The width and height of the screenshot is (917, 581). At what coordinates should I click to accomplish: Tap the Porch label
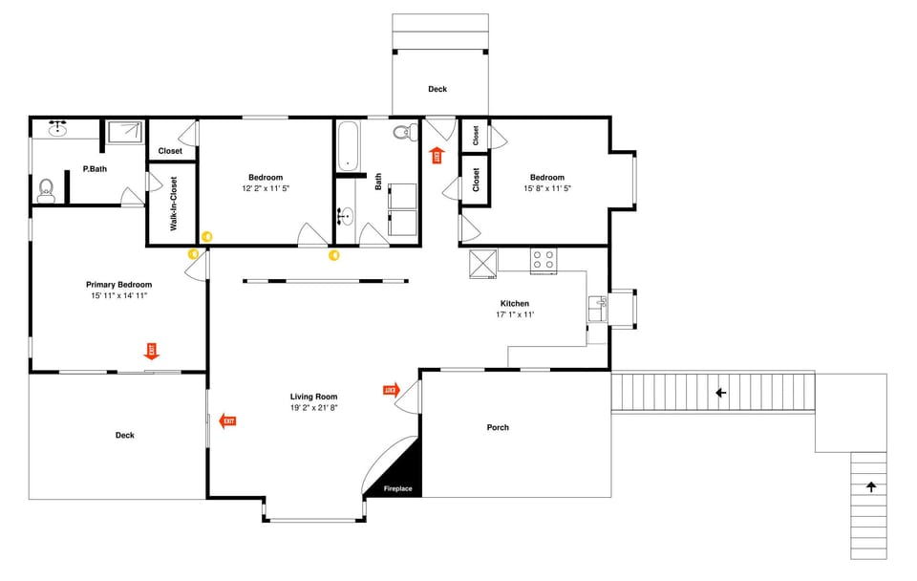pyautogui.click(x=498, y=427)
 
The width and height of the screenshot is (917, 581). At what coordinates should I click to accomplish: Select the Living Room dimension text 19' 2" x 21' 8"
pyautogui.click(x=314, y=407)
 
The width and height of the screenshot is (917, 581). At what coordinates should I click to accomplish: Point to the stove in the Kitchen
pyautogui.click(x=544, y=260)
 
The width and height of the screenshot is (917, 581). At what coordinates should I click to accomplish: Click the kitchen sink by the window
pyautogui.click(x=600, y=309)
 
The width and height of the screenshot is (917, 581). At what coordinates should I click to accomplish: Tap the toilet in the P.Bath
pyautogui.click(x=46, y=190)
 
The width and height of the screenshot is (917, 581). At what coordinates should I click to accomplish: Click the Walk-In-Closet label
pyautogui.click(x=173, y=204)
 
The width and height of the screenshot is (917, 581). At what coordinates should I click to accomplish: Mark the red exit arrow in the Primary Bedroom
pyautogui.click(x=151, y=351)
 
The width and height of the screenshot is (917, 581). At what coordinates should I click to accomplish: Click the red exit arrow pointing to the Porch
pyautogui.click(x=391, y=389)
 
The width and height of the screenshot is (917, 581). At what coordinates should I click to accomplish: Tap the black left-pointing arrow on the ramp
pyautogui.click(x=721, y=392)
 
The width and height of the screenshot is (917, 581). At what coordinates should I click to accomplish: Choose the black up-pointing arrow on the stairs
pyautogui.click(x=870, y=486)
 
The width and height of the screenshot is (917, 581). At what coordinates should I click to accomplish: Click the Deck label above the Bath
pyautogui.click(x=437, y=89)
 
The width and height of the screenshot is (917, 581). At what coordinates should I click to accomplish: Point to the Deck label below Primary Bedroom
pyautogui.click(x=125, y=435)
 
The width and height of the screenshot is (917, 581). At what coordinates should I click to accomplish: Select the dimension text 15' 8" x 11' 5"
pyautogui.click(x=547, y=189)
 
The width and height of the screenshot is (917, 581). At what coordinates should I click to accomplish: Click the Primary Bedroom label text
pyautogui.click(x=118, y=285)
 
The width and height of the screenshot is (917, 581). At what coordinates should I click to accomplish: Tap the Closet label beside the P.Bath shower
pyautogui.click(x=170, y=151)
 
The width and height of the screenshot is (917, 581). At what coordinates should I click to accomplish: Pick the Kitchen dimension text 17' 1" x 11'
pyautogui.click(x=514, y=314)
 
